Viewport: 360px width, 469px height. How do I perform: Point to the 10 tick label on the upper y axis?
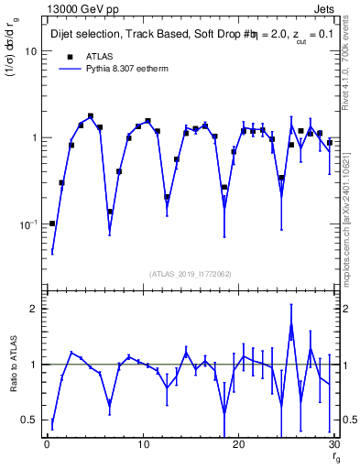(x=29, y=51)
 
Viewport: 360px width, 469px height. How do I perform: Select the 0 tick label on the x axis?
(x=47, y=445)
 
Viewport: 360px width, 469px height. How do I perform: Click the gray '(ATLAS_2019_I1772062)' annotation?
(x=191, y=274)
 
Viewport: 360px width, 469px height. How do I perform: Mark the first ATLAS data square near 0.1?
(x=52, y=224)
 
